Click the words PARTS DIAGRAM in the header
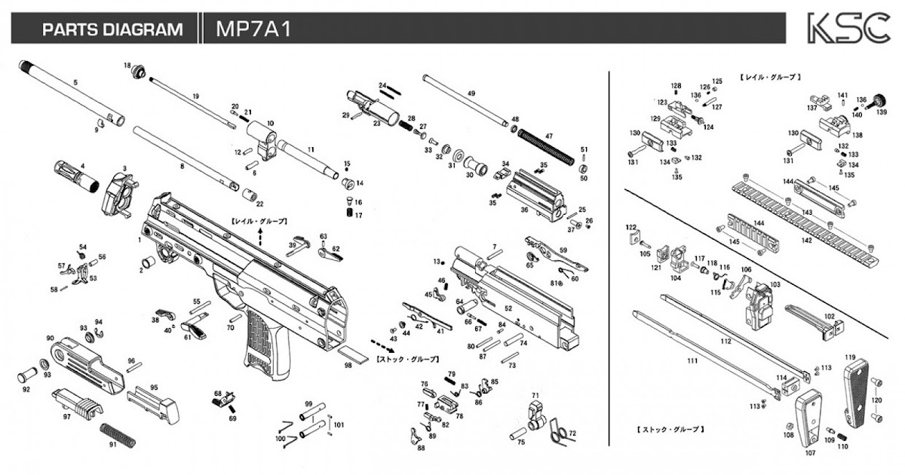point(112,29)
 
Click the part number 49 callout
point(471,93)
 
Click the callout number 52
point(508,308)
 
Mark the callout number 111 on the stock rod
point(692,361)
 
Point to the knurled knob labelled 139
point(878,100)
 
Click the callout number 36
point(523,210)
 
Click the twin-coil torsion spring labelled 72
point(560,434)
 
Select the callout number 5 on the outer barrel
point(75,81)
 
